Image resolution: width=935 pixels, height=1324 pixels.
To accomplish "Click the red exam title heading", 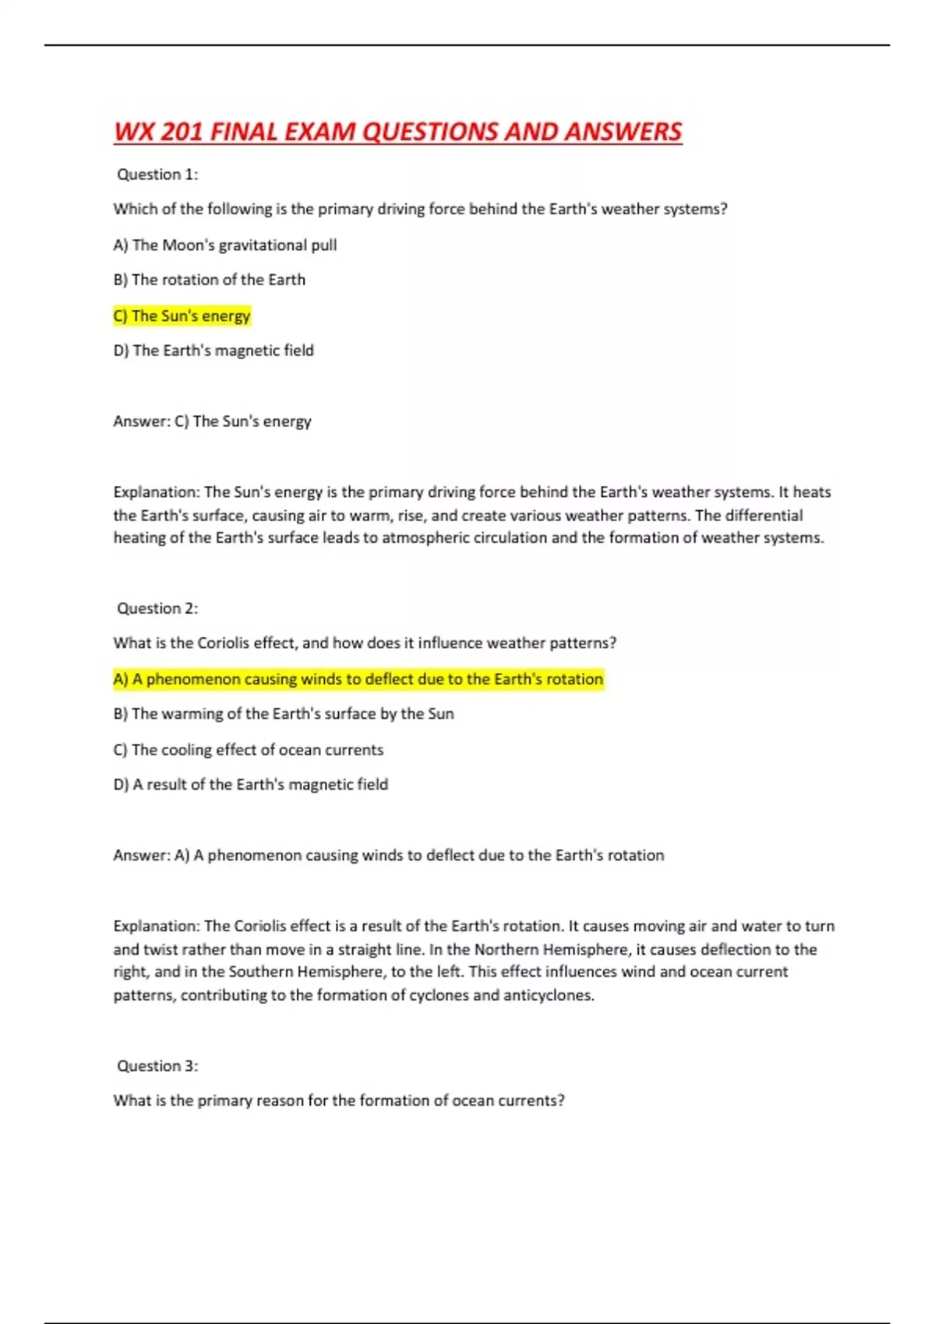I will (x=397, y=132).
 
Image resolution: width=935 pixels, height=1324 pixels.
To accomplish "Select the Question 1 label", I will (x=157, y=174).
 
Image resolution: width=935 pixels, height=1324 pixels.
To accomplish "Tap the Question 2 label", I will (x=157, y=608).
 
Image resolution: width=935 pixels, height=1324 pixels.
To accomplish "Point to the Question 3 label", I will (x=157, y=1065).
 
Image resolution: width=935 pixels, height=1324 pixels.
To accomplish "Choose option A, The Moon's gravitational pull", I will (x=225, y=245).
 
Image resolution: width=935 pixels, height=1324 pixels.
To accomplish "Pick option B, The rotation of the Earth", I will (x=210, y=280).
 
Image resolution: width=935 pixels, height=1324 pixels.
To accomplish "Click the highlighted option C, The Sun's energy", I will (x=182, y=315).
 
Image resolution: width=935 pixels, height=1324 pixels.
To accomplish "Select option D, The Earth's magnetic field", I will (x=213, y=350).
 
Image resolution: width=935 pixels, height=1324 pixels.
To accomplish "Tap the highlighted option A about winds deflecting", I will (x=358, y=679).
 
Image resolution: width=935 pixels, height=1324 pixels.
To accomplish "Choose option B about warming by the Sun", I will (x=284, y=713).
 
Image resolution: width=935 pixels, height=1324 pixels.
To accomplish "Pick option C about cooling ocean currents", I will (x=249, y=749).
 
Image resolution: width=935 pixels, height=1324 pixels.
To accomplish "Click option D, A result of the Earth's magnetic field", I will (x=251, y=784).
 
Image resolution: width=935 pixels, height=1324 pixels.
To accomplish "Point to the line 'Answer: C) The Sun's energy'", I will (x=212, y=421).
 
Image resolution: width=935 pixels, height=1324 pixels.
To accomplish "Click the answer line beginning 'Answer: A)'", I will (x=388, y=855).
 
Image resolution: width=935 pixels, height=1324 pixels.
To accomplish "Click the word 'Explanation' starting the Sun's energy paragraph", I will (x=157, y=492).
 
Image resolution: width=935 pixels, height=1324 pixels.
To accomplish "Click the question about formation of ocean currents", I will (x=339, y=1100).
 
